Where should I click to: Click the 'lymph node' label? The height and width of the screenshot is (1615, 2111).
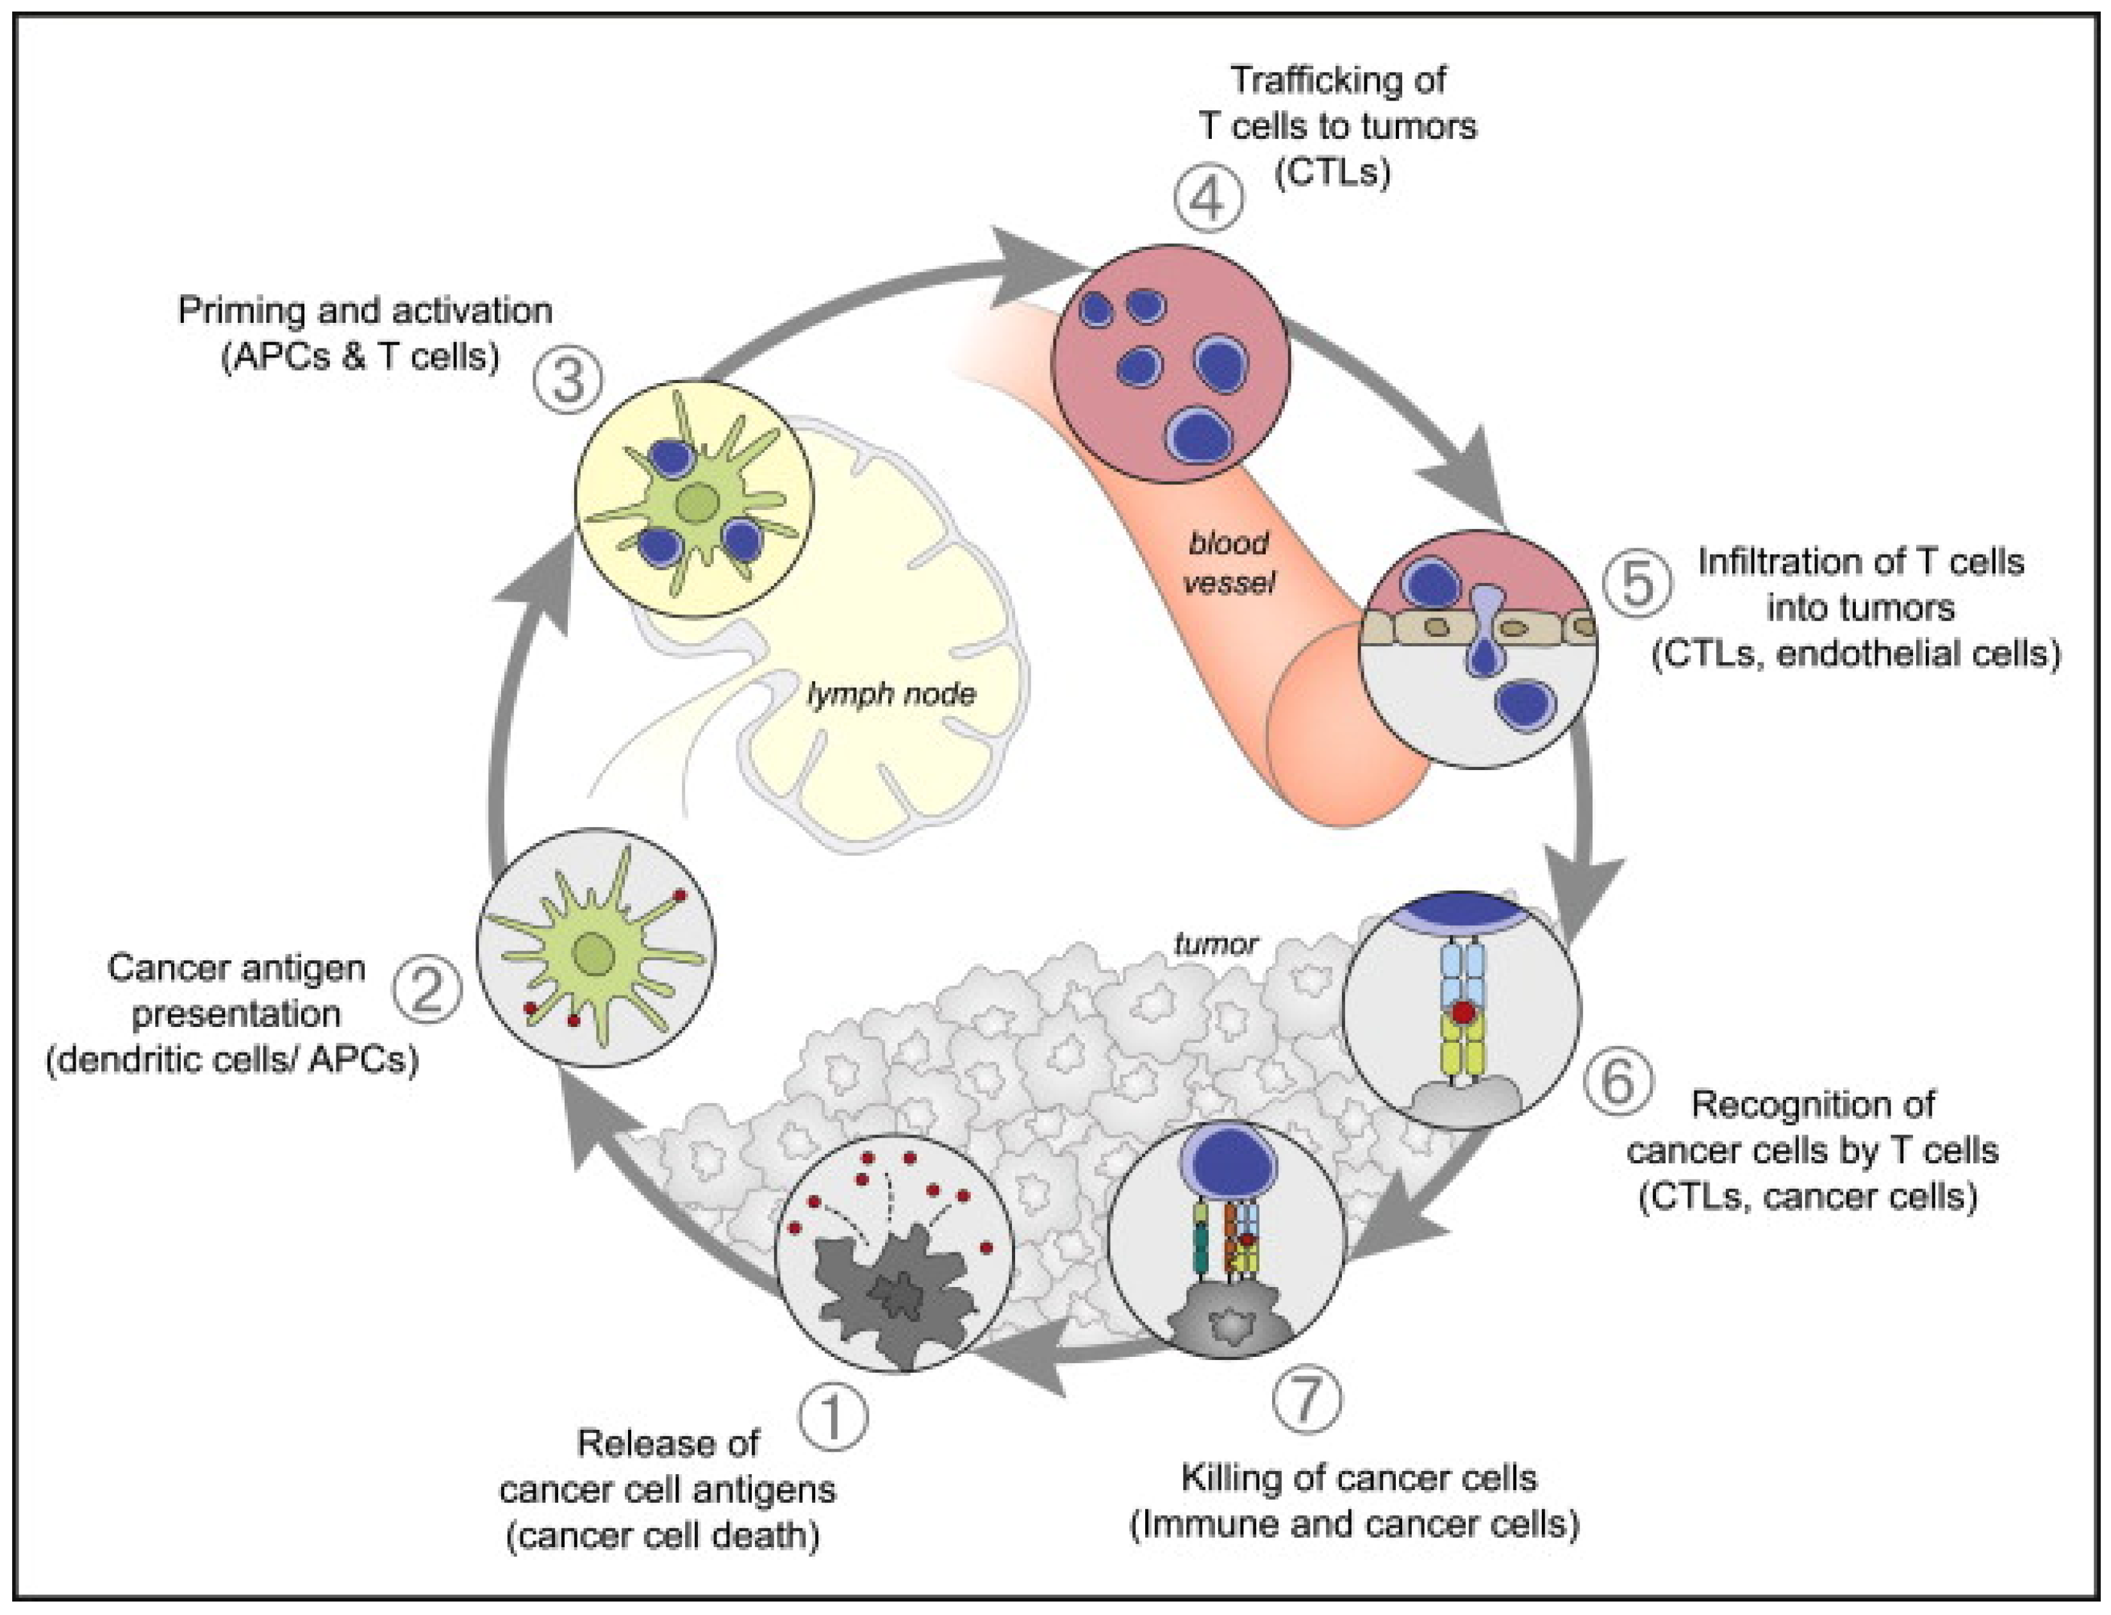pos(891,694)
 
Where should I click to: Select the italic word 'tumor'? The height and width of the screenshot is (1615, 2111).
pos(1216,944)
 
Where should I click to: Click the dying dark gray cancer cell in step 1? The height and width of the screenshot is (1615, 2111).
pos(895,1299)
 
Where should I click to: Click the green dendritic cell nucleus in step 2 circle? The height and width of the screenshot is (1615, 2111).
pos(593,954)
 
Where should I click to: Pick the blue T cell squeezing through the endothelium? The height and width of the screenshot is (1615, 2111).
pos(1486,630)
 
